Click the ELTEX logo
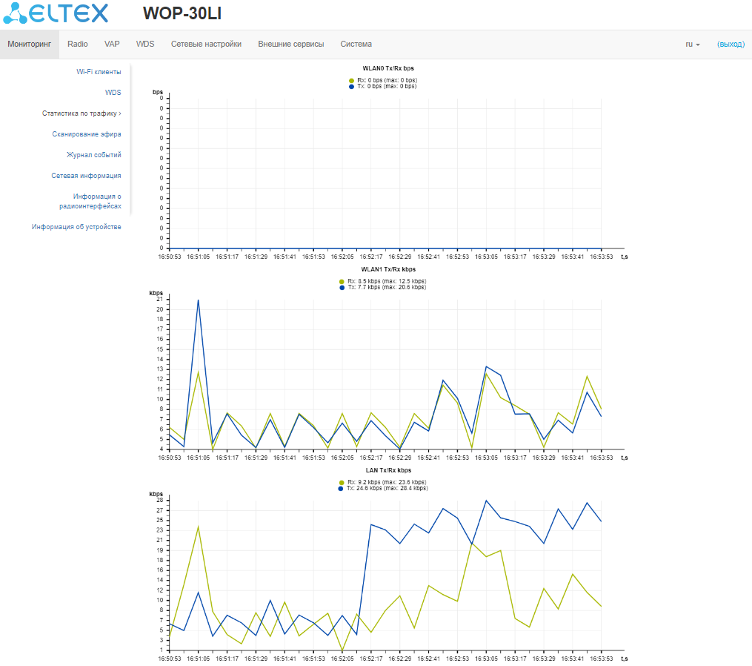(x=56, y=13)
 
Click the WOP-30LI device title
(x=182, y=14)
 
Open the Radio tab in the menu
(x=77, y=44)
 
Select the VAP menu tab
(x=112, y=44)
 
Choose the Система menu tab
(x=356, y=44)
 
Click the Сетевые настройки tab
(x=206, y=44)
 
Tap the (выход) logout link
(x=730, y=44)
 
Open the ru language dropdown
(x=692, y=44)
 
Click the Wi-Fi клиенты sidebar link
(x=99, y=72)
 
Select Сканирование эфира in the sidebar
(x=87, y=134)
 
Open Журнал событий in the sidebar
(x=94, y=155)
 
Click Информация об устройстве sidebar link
(x=76, y=227)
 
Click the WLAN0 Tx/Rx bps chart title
(x=387, y=68)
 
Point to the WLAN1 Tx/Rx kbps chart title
(x=388, y=269)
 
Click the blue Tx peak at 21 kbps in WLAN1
(x=198, y=300)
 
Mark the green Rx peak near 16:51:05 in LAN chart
(x=198, y=527)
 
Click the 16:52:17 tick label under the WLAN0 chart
(x=370, y=257)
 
